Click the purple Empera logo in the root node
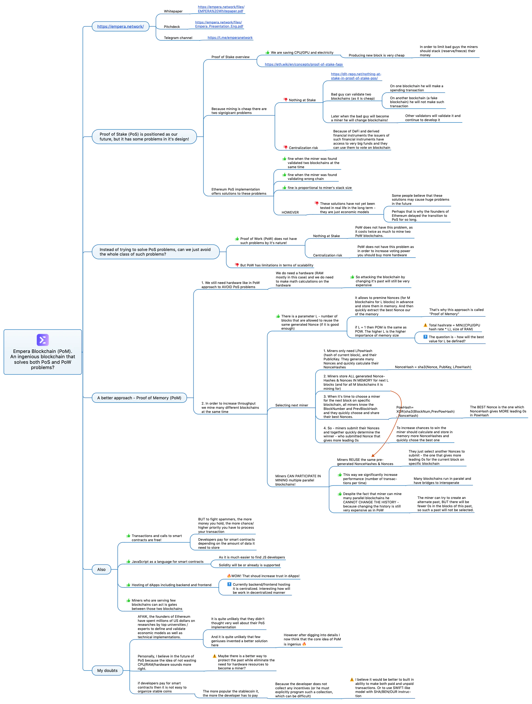(43, 340)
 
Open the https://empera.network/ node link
(121, 27)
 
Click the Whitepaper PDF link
(221, 9)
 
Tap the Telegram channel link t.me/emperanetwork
(230, 38)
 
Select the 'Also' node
(101, 569)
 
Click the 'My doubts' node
(107, 670)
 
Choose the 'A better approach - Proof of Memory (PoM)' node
(139, 398)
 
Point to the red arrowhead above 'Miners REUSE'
(373, 455)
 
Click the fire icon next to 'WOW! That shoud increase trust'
(229, 576)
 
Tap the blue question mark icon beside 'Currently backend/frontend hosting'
(229, 584)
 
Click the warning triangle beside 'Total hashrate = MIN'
(425, 325)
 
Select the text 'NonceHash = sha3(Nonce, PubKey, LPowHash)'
(433, 367)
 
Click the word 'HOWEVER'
(290, 212)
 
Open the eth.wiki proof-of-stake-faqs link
(304, 64)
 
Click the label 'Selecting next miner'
(292, 405)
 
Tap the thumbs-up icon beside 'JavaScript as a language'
(128, 561)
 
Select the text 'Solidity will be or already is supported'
(249, 565)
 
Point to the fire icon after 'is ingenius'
(304, 644)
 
